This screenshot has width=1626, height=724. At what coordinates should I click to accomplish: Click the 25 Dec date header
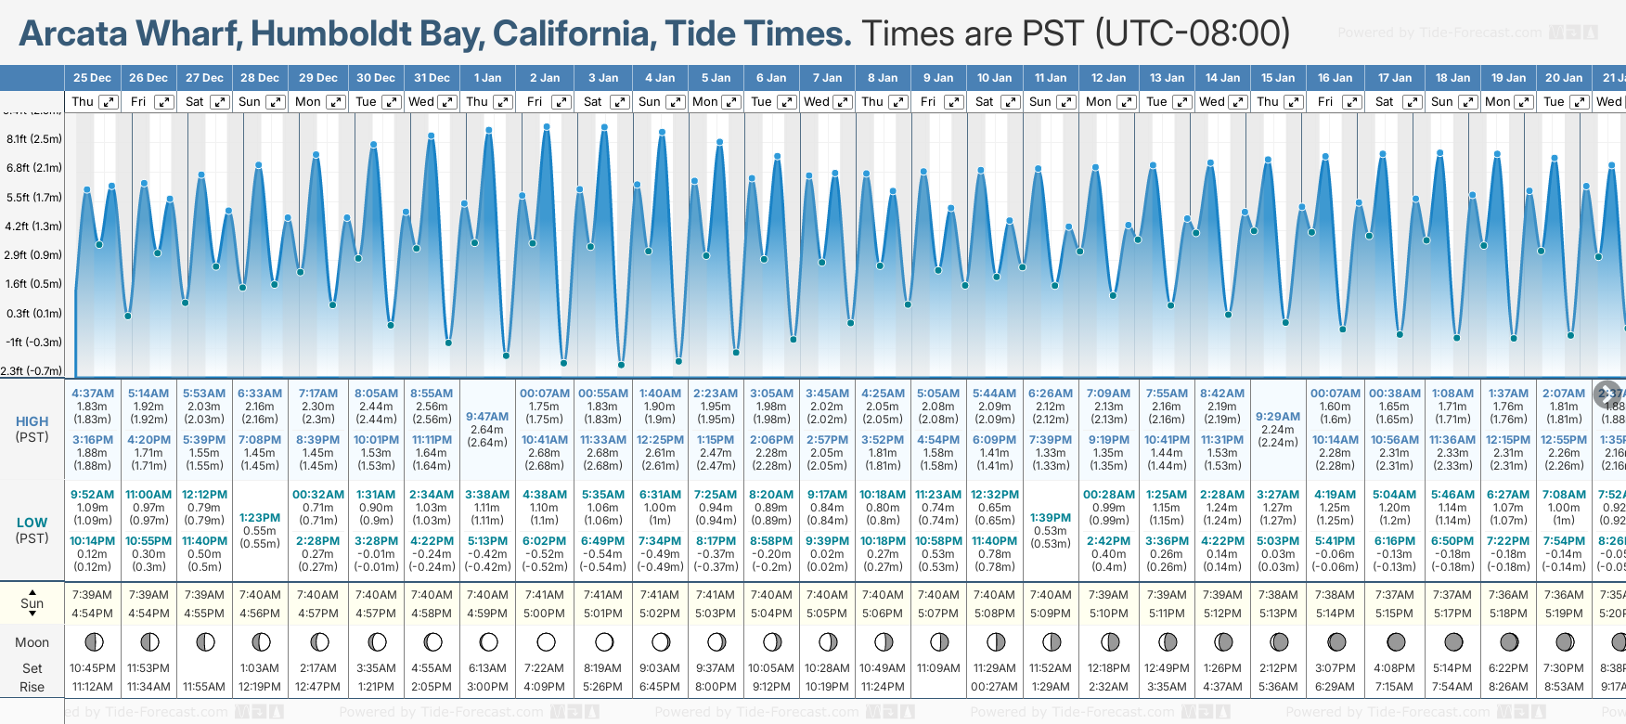[92, 78]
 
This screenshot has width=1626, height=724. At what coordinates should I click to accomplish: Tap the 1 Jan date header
[487, 78]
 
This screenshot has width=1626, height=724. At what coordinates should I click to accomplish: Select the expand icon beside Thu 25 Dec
[109, 102]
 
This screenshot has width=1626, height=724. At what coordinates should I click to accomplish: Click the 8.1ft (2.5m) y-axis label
[34, 139]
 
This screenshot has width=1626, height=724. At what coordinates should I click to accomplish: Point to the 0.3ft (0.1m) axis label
[34, 314]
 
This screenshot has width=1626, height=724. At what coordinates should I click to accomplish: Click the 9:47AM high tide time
[487, 417]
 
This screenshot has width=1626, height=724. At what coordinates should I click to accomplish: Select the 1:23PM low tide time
[260, 518]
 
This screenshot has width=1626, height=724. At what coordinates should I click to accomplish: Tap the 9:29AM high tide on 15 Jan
[1278, 417]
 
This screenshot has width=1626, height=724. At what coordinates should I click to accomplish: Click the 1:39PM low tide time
[1051, 518]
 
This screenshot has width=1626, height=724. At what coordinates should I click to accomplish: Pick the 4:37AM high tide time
[93, 394]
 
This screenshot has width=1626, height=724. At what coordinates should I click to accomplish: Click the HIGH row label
[32, 421]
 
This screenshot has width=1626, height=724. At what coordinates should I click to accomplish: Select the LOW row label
[32, 523]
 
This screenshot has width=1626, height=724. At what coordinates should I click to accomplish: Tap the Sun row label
[32, 603]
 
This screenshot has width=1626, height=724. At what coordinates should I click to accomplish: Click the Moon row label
[32, 642]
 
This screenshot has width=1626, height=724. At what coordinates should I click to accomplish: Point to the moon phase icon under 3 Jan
[604, 641]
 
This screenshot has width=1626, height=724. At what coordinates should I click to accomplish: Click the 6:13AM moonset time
[487, 668]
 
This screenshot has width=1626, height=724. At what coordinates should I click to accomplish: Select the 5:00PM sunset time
[544, 614]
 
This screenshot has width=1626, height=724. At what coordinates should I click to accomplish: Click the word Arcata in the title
[73, 34]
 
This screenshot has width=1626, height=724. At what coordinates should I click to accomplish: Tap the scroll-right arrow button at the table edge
[1607, 394]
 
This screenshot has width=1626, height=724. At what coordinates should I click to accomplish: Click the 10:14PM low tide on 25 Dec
[93, 541]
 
